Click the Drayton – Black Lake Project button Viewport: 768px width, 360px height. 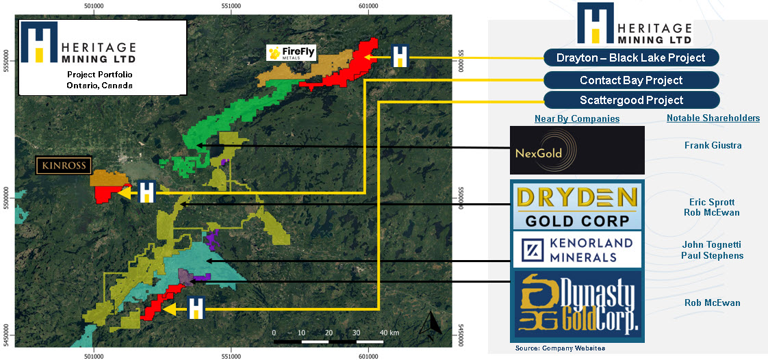coord(631,57)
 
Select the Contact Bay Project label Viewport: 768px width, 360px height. coord(631,80)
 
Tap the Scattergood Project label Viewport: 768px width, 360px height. coord(631,100)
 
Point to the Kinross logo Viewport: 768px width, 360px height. coord(64,166)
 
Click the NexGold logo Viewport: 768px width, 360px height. coord(577,150)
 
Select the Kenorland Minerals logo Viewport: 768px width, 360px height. coord(577,250)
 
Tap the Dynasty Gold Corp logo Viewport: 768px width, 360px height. coord(577,303)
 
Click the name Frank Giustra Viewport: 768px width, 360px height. coord(713,146)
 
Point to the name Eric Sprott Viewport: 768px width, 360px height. coord(713,203)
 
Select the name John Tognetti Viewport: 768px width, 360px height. coord(713,245)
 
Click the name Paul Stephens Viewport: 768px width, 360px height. coord(713,256)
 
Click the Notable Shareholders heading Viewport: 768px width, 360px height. coord(713,118)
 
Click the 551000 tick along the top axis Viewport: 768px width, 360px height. coord(231,7)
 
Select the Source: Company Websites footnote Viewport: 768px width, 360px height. coord(560,349)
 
